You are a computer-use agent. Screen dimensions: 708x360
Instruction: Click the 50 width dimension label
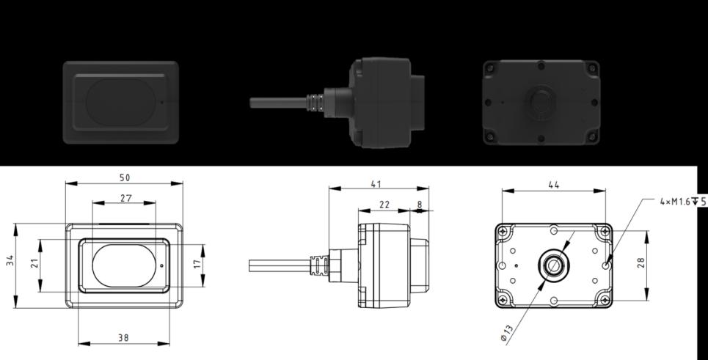[x=125, y=177]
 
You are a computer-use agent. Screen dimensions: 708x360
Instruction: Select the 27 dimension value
[x=126, y=198]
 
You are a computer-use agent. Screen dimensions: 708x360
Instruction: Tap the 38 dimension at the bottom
[x=123, y=337]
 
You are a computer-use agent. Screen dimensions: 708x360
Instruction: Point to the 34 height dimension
[x=10, y=260]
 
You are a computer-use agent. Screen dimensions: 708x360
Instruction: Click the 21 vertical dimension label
[x=34, y=263]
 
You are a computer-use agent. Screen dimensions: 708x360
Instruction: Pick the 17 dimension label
[x=197, y=264]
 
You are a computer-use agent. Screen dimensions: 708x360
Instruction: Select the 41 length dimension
[x=376, y=184]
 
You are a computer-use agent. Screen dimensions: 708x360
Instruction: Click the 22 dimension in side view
[x=384, y=205]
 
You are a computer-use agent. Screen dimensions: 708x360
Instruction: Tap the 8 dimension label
[x=420, y=205]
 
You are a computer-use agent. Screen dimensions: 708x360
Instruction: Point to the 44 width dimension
[x=554, y=185]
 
